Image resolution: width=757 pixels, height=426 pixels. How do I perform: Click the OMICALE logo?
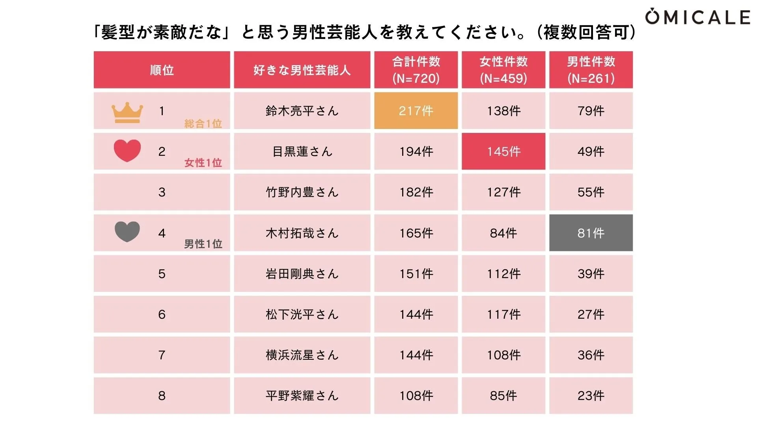click(697, 17)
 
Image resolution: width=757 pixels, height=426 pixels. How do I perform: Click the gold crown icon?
click(127, 112)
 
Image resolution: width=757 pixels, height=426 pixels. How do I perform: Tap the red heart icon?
click(127, 150)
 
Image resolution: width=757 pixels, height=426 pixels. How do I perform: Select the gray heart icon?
click(127, 232)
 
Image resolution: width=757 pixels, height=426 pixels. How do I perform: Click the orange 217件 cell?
click(416, 111)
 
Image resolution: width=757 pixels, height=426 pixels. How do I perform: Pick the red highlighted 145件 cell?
click(503, 151)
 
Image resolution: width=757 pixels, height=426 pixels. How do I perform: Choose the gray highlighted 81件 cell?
click(591, 233)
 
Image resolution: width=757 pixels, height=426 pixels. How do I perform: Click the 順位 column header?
click(162, 70)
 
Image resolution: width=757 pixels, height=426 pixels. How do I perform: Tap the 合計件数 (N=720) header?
click(416, 70)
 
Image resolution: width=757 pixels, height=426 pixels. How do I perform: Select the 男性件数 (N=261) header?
click(591, 70)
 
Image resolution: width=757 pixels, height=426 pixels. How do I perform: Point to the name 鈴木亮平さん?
click(302, 111)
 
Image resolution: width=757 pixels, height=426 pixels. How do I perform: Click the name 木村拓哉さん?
click(302, 233)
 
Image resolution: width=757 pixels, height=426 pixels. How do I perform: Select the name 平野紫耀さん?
click(302, 396)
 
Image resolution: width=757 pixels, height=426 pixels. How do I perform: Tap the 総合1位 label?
click(203, 124)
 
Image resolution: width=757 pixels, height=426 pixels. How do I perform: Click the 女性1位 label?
click(203, 163)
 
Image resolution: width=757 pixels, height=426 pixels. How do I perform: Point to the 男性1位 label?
click(203, 244)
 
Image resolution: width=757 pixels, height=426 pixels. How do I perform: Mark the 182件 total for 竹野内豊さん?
click(416, 192)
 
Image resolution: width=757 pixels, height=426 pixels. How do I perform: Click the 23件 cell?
click(591, 396)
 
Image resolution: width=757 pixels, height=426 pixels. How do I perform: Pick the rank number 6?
click(162, 314)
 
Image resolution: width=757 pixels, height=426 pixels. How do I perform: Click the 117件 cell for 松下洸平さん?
click(503, 314)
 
